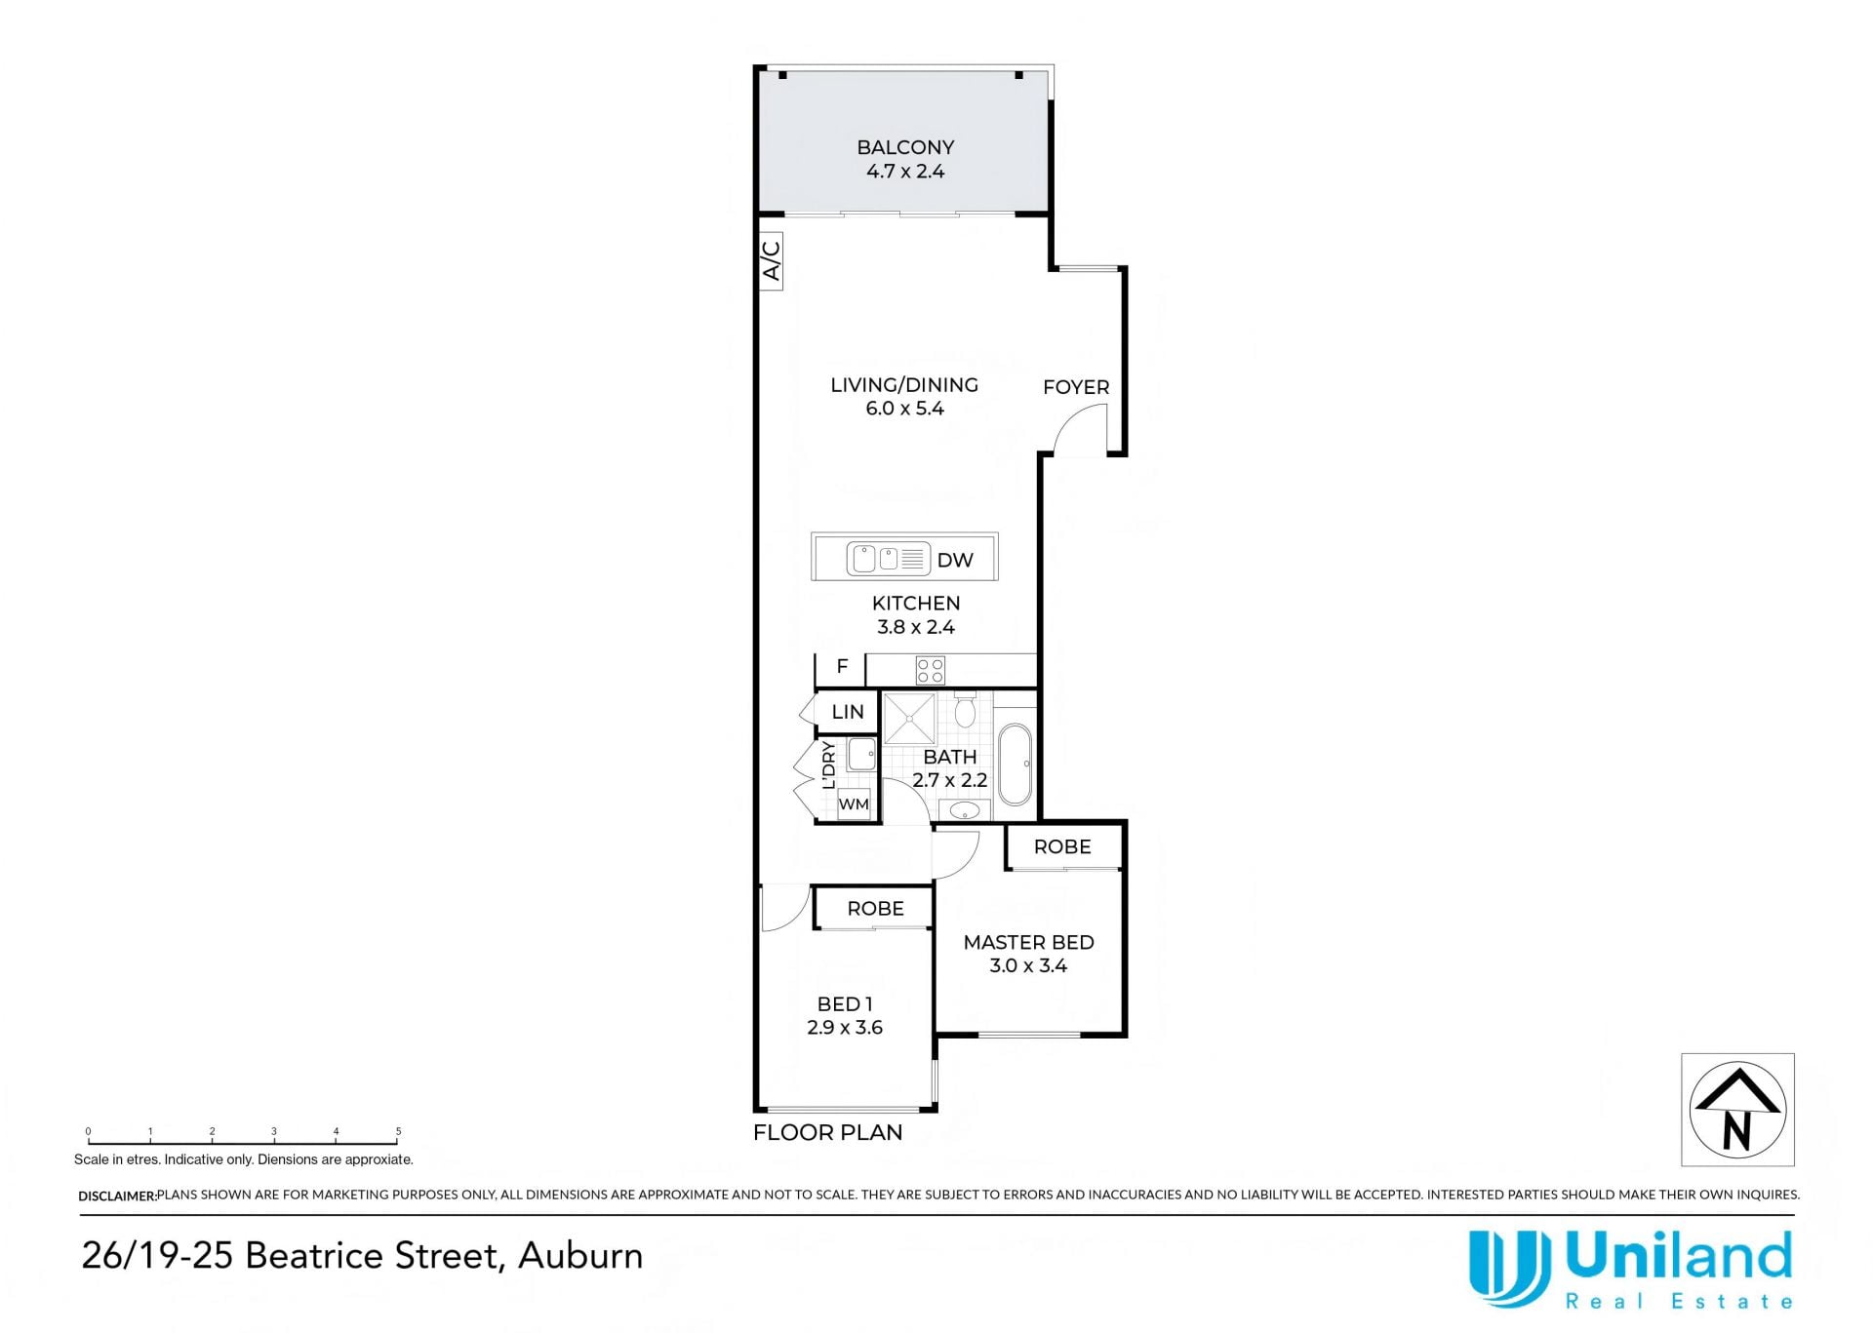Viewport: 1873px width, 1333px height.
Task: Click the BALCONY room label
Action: [x=905, y=147]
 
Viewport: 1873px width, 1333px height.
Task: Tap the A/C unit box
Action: [x=771, y=260]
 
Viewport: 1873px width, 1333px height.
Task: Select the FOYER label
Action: [x=1076, y=387]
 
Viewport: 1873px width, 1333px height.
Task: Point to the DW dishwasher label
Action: [x=955, y=560]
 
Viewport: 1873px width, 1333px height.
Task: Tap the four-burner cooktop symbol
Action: [x=930, y=670]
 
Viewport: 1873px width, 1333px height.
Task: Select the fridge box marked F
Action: [x=841, y=668]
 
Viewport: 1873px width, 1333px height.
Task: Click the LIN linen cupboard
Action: [x=847, y=712]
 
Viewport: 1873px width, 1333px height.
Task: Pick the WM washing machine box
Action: [x=854, y=804]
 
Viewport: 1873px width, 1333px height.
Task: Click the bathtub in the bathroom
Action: [x=1015, y=764]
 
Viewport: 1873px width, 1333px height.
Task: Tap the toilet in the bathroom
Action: [x=965, y=709]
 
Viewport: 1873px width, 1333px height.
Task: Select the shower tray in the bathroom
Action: [x=909, y=719]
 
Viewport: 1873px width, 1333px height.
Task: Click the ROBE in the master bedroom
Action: [x=1063, y=846]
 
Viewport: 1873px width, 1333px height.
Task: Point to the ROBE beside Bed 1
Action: [x=874, y=908]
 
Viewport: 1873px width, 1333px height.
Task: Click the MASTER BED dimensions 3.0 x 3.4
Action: [x=1028, y=965]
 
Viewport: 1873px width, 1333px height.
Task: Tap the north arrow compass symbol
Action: [x=1737, y=1109]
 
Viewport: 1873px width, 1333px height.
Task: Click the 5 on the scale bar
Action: [x=398, y=1131]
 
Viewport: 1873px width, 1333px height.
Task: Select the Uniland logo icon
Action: [x=1509, y=1267]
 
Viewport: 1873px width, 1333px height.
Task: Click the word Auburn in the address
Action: [x=580, y=1256]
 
